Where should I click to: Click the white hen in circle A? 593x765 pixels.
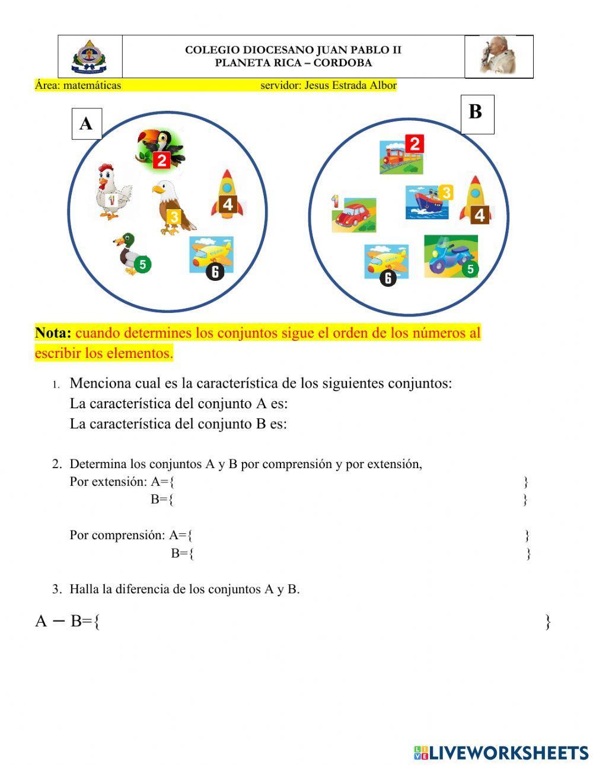[x=114, y=192]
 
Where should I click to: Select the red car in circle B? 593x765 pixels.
[x=355, y=215]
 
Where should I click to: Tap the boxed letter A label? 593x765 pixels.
[x=87, y=124]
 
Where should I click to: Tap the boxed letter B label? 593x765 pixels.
[x=477, y=113]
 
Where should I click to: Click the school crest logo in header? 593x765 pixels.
[x=90, y=57]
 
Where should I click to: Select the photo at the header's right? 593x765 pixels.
[x=498, y=56]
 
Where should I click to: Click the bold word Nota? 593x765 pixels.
[x=53, y=333]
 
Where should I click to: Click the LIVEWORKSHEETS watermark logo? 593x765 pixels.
[x=501, y=753]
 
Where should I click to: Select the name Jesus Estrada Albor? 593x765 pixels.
[x=350, y=85]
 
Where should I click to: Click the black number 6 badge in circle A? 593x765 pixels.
[x=215, y=272]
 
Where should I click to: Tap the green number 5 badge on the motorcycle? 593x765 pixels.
[x=470, y=270]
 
